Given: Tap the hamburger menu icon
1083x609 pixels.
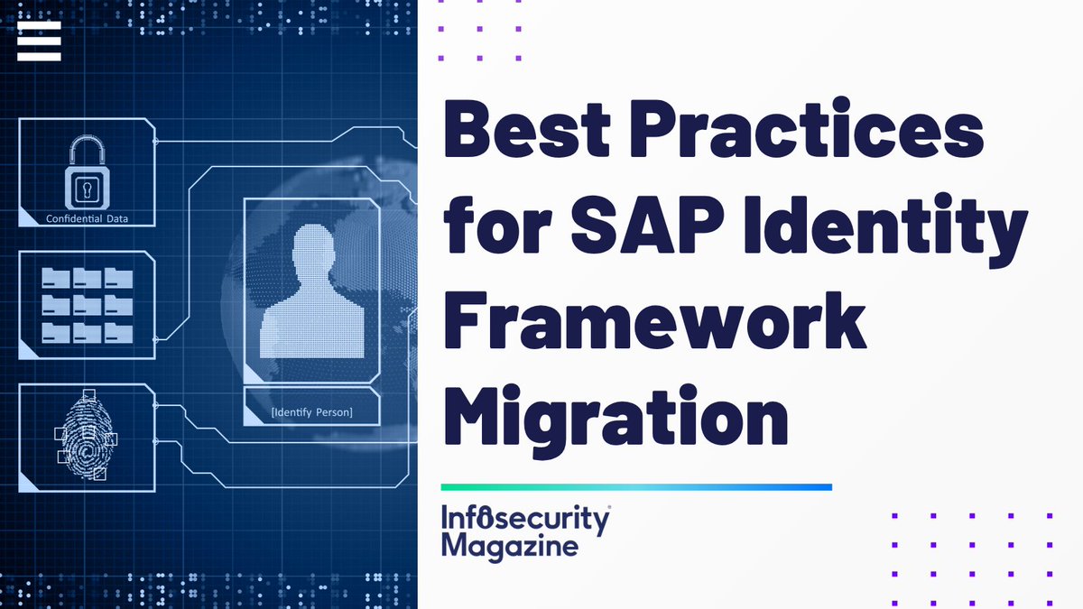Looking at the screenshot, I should pos(39,42).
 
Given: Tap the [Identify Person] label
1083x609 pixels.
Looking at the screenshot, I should pos(312,413).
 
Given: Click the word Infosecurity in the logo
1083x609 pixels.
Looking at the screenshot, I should pos(526,519).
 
